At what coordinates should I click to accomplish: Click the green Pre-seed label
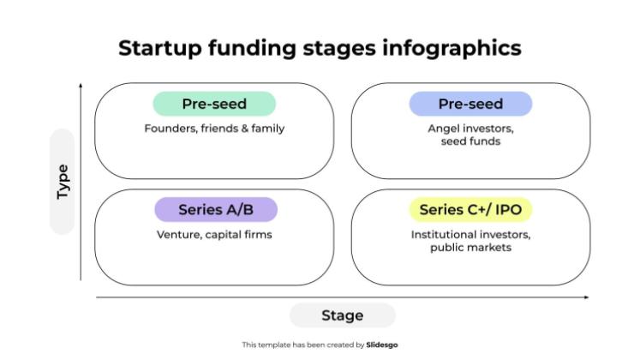214,105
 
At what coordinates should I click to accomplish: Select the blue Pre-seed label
470,105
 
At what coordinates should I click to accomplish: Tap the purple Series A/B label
215,210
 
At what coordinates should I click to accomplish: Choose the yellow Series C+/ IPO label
470,210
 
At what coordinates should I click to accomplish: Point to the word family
267,129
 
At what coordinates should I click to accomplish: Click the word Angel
445,129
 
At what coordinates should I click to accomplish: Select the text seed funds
470,141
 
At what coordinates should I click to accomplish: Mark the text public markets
470,248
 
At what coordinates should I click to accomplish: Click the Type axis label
63,182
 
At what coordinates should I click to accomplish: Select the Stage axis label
342,315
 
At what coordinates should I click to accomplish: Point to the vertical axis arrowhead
81,86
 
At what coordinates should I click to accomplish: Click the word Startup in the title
159,48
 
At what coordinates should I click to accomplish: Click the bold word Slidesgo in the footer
382,345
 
